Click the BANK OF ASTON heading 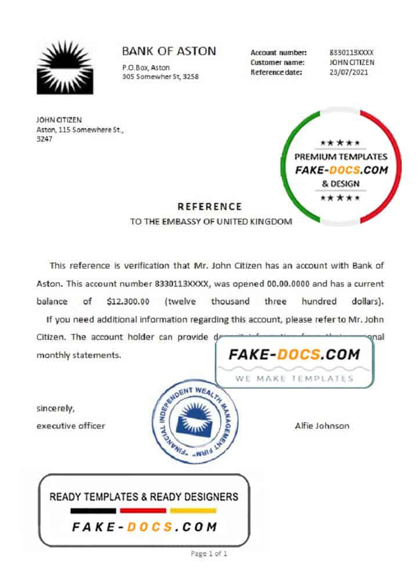click(x=169, y=51)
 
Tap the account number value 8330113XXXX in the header click(x=351, y=52)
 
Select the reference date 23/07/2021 click(x=348, y=72)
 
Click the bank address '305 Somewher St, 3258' click(x=160, y=77)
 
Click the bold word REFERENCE click(x=210, y=206)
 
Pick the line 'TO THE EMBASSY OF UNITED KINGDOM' click(x=211, y=222)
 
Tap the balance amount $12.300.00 click(x=128, y=302)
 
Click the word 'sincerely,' click(x=55, y=408)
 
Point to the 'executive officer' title click(x=71, y=426)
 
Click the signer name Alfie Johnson click(x=322, y=426)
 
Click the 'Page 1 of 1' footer click(x=209, y=554)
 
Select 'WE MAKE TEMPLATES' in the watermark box click(x=294, y=378)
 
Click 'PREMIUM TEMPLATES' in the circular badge click(x=341, y=157)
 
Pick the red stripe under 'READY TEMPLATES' click(x=143, y=511)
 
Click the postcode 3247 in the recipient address click(x=44, y=139)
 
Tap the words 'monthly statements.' click(x=79, y=355)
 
